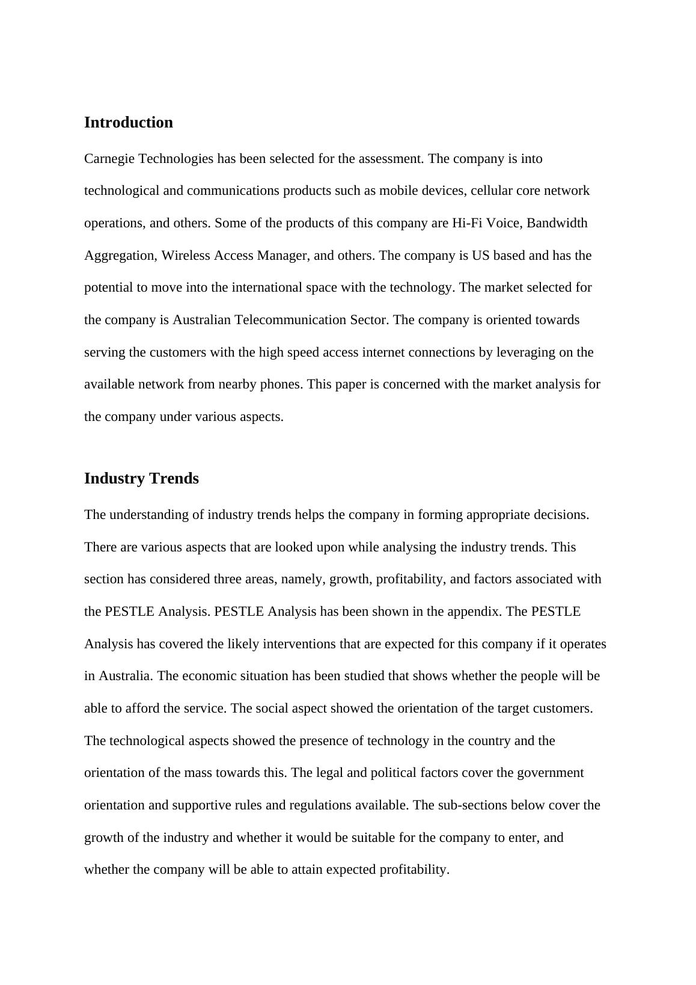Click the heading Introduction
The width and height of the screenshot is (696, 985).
pos(128,122)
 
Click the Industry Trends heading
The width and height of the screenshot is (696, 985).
pos(141,478)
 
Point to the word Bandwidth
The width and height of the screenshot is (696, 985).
pos(557,223)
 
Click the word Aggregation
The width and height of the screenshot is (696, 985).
pos(120,256)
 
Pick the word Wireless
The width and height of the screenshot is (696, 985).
pos(182,256)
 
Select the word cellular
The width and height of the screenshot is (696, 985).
pos(492,191)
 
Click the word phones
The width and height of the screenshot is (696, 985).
pos(280,384)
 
